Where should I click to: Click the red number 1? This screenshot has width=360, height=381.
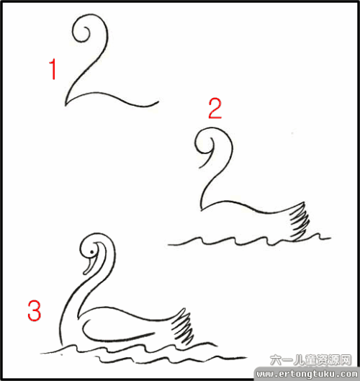click(52, 71)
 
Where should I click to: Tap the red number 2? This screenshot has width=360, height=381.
click(215, 109)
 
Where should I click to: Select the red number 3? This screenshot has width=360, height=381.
click(34, 310)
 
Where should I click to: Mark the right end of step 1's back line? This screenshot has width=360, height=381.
click(157, 104)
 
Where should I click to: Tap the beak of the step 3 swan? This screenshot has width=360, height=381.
click(88, 266)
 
